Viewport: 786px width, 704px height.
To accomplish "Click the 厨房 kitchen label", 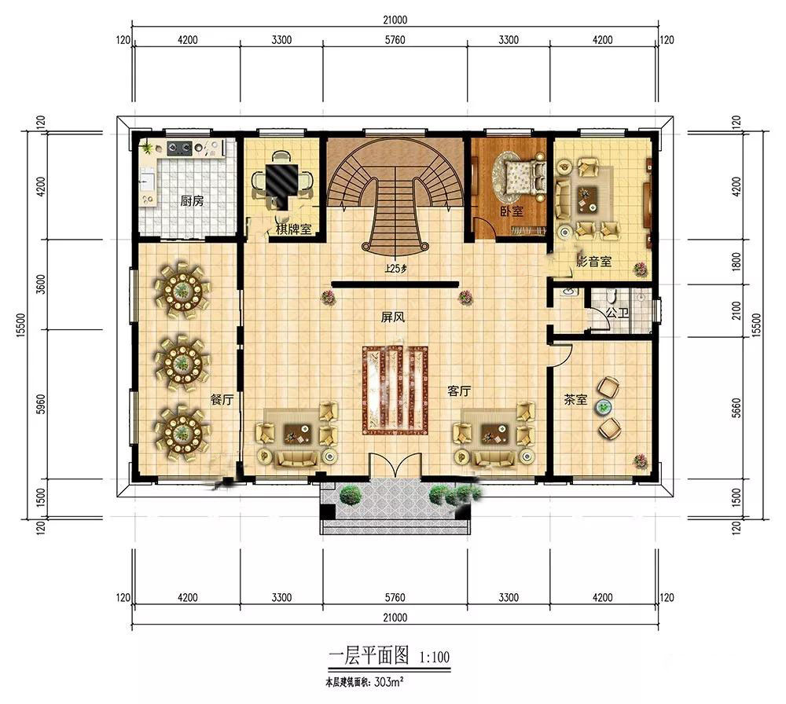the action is tap(192, 201).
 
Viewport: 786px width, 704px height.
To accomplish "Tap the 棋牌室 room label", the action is tap(294, 229).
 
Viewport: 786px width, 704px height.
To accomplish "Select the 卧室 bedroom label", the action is tap(512, 211).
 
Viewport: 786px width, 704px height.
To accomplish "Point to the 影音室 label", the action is tap(594, 261).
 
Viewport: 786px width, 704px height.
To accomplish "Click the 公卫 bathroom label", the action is tap(617, 313).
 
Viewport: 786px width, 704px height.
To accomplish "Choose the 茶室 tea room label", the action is tap(575, 400).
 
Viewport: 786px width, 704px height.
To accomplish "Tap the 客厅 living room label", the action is tap(459, 391).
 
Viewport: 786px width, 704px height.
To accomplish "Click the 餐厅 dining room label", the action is tap(222, 400).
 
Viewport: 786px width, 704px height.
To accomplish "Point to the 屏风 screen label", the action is tap(392, 317).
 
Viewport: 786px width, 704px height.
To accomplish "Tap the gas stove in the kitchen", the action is tap(179, 147).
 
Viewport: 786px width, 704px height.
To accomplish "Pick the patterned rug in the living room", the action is tap(394, 390).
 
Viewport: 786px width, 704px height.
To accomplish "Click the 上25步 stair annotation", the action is tap(395, 269).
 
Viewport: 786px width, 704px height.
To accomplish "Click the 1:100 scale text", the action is tap(434, 657).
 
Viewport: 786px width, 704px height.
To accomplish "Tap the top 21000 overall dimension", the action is tap(395, 20).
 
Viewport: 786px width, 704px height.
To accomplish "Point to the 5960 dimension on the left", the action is tap(41, 405).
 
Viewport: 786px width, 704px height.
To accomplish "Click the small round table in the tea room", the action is tap(604, 408).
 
